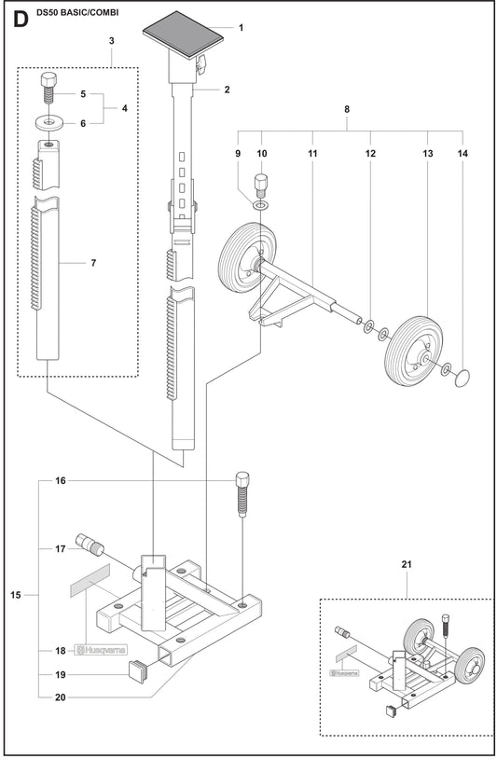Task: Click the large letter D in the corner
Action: click(x=21, y=20)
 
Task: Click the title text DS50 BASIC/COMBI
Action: click(x=77, y=13)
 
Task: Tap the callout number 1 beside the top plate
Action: click(x=241, y=28)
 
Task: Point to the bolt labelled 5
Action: click(x=48, y=88)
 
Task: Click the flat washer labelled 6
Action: click(x=48, y=123)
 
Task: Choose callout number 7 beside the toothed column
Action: click(x=93, y=263)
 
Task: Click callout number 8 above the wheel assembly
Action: click(x=347, y=109)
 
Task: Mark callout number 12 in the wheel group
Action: click(x=370, y=154)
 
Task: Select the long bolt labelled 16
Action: click(x=242, y=494)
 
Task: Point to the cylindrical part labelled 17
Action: click(x=90, y=544)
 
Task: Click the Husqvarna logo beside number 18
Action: click(x=101, y=650)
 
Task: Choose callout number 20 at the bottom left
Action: click(x=61, y=697)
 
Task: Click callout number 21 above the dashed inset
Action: click(x=407, y=564)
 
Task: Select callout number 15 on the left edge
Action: click(x=16, y=595)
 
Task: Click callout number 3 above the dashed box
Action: click(x=112, y=41)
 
